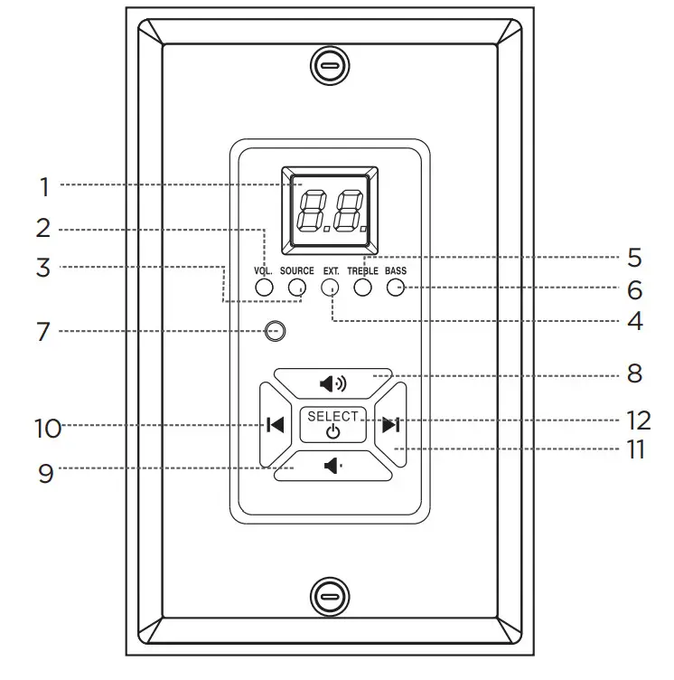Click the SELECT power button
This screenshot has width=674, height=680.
pos(332,425)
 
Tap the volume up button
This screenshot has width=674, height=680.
pos(332,383)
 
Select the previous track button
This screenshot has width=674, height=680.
pos(276,425)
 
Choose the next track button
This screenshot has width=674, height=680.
pos(391,425)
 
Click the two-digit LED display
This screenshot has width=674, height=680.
pos(330,211)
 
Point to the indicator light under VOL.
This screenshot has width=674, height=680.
pos(264,287)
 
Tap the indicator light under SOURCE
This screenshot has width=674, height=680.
pos(297,287)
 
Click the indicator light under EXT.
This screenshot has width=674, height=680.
pos(330,287)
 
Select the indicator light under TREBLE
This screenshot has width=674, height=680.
pos(363,287)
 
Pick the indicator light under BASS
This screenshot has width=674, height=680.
pos(396,287)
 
